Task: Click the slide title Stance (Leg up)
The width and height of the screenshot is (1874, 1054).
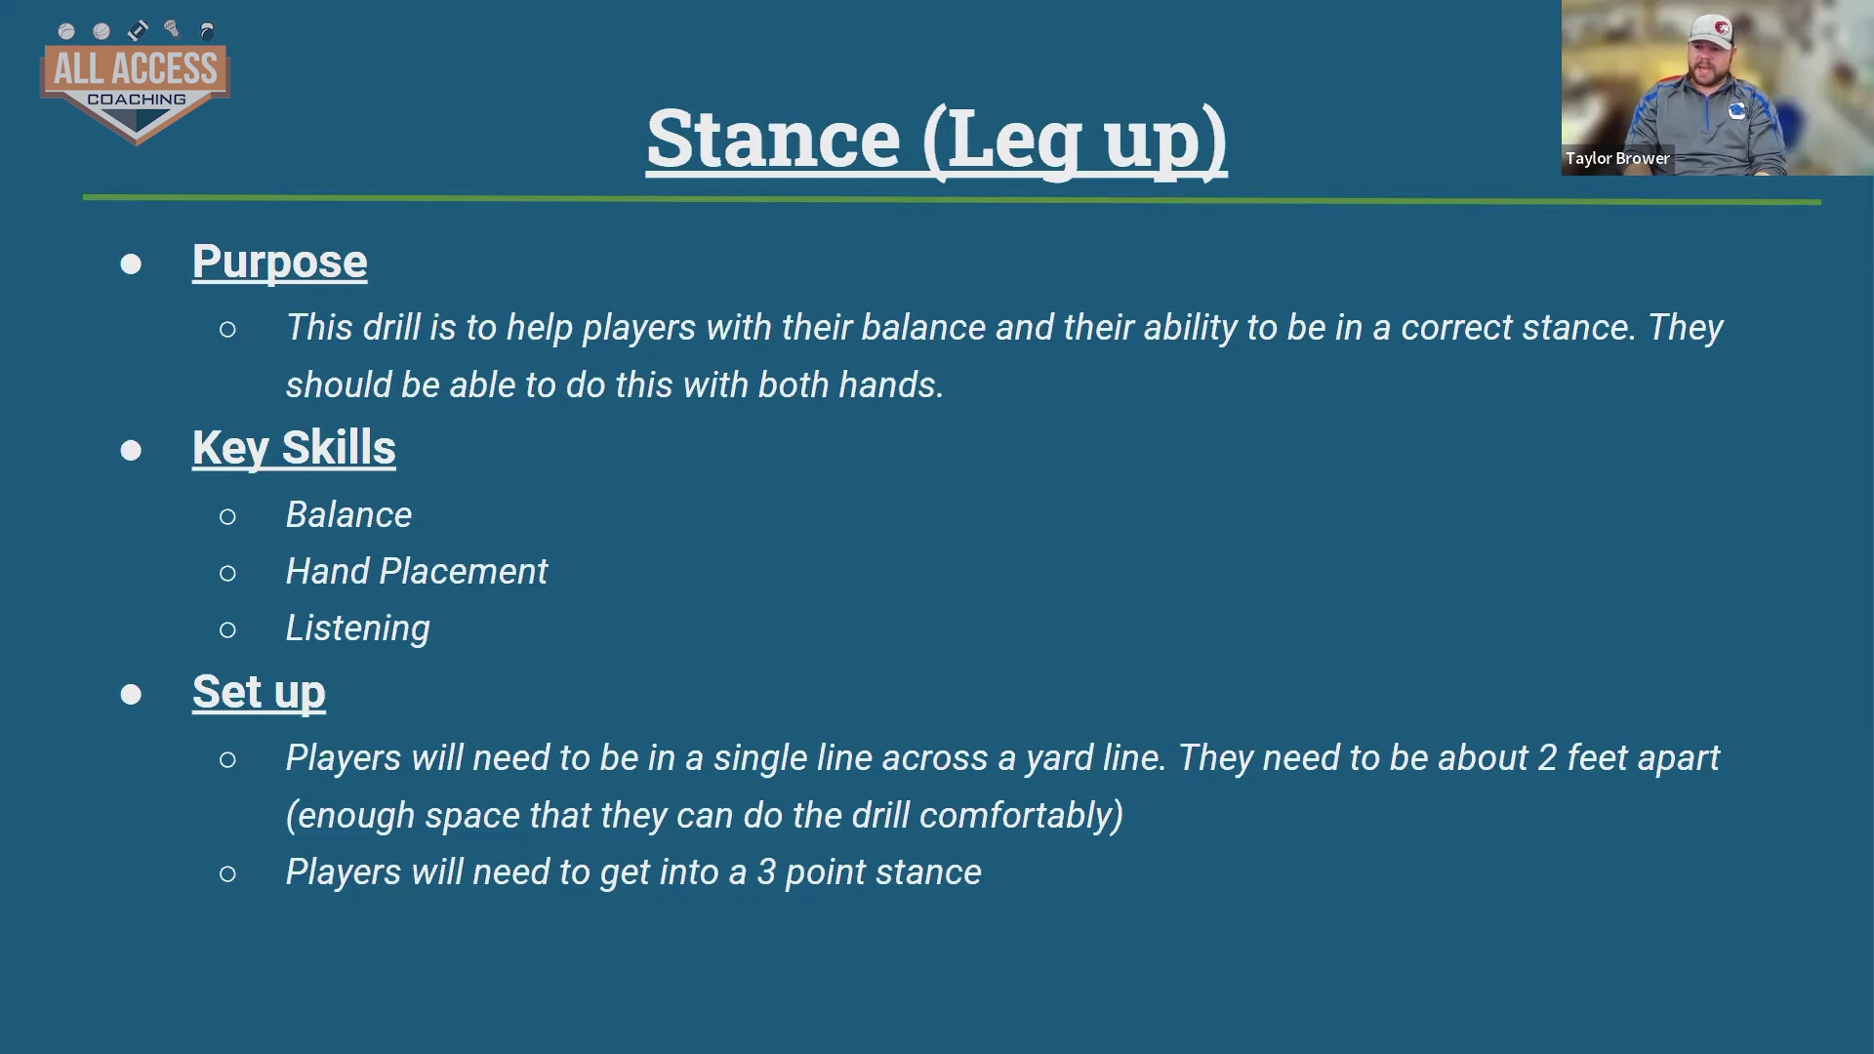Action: point(937,140)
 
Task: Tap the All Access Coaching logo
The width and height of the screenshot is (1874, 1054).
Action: point(136,82)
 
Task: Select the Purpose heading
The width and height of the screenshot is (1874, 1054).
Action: point(279,262)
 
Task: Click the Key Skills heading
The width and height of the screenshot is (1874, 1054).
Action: point(294,448)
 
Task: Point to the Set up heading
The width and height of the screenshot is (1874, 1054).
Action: point(259,692)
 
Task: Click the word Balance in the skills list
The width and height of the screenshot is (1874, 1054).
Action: point(348,514)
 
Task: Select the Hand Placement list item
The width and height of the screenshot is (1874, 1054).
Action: point(417,571)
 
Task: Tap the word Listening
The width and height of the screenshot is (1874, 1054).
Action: point(357,628)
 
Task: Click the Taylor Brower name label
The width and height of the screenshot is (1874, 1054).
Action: point(1617,158)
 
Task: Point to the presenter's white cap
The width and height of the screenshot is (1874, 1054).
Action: point(1713,29)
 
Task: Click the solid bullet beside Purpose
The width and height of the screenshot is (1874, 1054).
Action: point(131,264)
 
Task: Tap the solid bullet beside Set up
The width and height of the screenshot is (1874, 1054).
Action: point(131,694)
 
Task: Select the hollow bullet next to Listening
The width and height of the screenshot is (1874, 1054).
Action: point(227,630)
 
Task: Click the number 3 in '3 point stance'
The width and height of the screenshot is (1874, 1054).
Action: point(766,872)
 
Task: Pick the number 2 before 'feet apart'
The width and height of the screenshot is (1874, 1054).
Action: point(1547,758)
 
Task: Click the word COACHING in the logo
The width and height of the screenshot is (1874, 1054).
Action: point(137,100)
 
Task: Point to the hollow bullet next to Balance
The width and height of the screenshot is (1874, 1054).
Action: point(227,516)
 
